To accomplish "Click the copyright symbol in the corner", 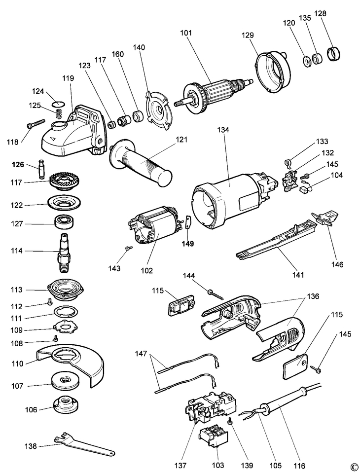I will click(x=353, y=467).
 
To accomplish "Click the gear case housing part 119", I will click(x=74, y=131).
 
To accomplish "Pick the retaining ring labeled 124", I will click(x=59, y=103).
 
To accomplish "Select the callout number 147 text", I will click(x=141, y=354).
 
